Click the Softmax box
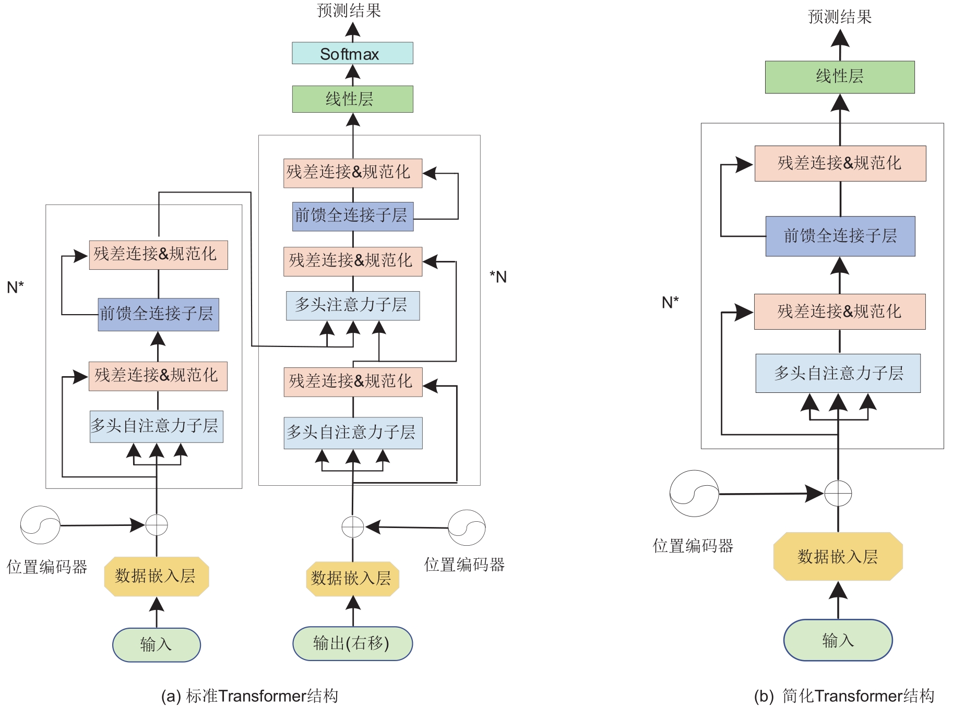(352, 53)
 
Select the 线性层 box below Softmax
(352, 99)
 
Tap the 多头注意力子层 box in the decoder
(352, 305)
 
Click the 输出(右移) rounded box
(352, 643)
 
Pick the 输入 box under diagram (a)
(156, 644)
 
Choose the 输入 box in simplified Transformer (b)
(838, 640)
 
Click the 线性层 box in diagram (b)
(839, 77)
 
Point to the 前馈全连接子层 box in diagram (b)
(840, 236)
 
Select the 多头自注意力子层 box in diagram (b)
(838, 373)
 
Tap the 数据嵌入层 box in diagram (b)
(838, 556)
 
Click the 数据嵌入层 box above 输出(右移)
(352, 578)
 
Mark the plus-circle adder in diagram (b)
(838, 493)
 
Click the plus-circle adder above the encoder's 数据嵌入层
(157, 525)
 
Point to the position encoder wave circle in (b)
(694, 494)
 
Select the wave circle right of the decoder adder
(467, 528)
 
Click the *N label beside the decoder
(498, 277)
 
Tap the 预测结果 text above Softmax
(349, 10)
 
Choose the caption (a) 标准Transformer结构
(249, 696)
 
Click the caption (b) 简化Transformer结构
(843, 696)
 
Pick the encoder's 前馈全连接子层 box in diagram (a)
(158, 314)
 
